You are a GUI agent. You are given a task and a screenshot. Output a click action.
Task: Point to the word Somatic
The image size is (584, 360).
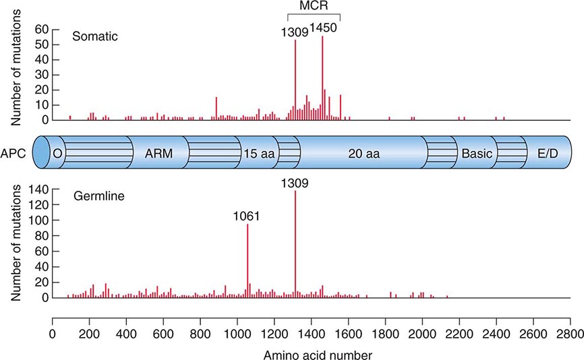pos(95,37)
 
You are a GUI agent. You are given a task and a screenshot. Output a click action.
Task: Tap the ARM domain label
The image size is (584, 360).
pos(158,153)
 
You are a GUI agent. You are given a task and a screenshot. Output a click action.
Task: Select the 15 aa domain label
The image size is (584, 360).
pos(258,153)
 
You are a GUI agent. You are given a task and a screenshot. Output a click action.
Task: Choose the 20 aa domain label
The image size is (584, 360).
pos(364,153)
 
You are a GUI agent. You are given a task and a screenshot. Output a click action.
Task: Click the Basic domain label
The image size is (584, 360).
pos(476,153)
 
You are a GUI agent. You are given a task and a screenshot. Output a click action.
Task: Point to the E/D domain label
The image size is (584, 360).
pos(548,153)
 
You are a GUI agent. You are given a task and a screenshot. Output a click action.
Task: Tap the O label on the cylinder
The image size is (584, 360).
pos(57,153)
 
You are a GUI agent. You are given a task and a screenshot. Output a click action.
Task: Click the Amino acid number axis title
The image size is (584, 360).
pos(311,352)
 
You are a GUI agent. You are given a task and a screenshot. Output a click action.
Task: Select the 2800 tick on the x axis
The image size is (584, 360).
pos(568,332)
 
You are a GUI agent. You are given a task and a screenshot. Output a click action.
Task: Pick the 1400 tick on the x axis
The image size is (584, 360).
pos(311,332)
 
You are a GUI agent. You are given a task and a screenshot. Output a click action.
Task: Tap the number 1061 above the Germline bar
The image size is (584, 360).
pos(247,216)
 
